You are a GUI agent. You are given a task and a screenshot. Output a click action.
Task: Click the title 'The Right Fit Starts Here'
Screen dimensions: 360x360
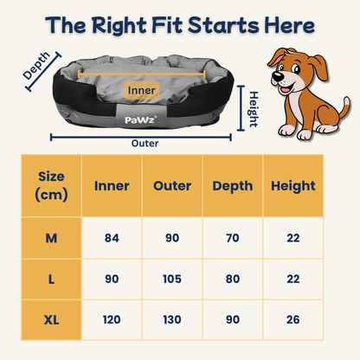tap(180, 25)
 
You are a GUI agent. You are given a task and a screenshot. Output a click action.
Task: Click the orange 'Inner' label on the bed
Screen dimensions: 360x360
tap(143, 89)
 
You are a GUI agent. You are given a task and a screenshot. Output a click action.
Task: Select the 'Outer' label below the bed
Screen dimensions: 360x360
tap(144, 144)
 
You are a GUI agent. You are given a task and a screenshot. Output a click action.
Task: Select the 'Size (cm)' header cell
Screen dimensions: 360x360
tap(51, 185)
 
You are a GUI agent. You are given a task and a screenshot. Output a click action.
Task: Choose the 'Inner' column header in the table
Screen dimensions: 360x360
tap(112, 186)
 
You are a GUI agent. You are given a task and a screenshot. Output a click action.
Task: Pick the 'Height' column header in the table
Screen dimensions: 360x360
tap(292, 186)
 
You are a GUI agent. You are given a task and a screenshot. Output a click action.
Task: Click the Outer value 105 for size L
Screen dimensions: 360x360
tap(172, 279)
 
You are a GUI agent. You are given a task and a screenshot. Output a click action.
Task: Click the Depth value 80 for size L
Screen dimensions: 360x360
tap(232, 279)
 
